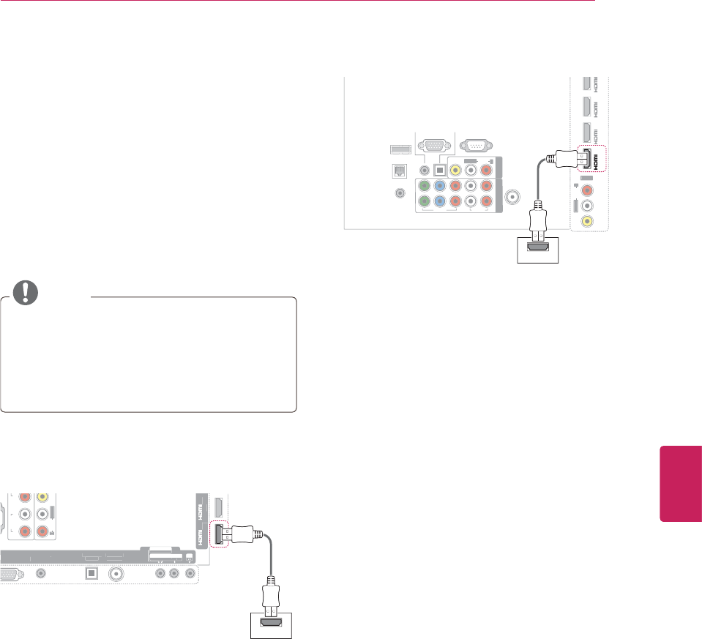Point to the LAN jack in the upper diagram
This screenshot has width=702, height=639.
(x=398, y=170)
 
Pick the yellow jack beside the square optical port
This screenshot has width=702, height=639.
(x=455, y=170)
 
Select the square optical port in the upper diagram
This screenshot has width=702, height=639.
(x=439, y=170)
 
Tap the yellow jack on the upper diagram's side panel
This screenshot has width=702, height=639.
(x=586, y=221)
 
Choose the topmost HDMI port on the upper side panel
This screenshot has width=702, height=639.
(x=586, y=83)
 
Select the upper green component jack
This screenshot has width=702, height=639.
(x=424, y=187)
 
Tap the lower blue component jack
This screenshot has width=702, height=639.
(x=439, y=203)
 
